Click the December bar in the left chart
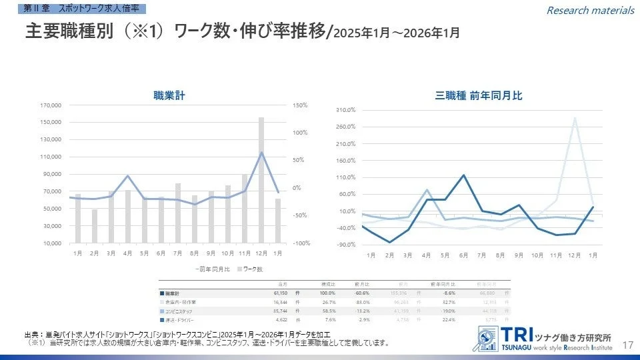[261, 180]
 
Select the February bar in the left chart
[95, 226]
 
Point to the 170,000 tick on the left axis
[51, 105]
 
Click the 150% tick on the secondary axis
[299, 105]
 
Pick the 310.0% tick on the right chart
[346, 109]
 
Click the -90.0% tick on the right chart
[346, 245]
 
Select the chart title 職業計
[169, 96]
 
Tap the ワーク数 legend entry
[253, 269]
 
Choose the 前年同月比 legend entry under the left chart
[211, 269]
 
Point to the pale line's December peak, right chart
[574, 119]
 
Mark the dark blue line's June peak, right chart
[463, 175]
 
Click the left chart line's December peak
[261, 153]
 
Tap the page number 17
[627, 345]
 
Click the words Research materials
[590, 10]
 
